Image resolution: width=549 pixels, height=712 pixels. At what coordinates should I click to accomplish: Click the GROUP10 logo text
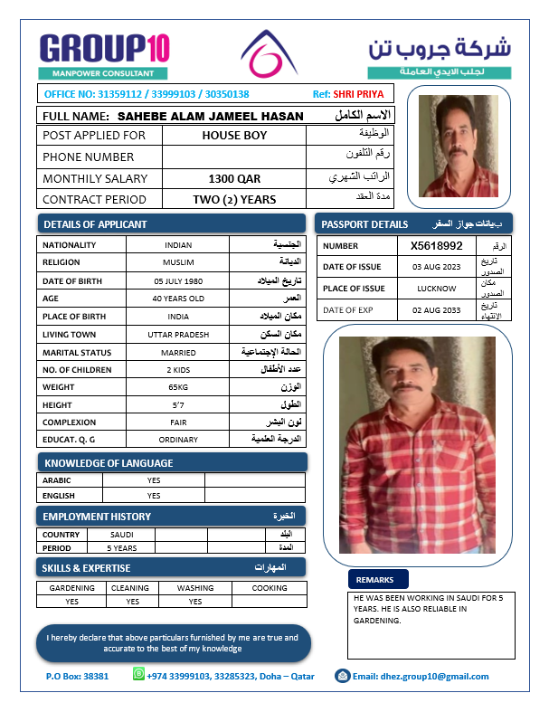[104, 48]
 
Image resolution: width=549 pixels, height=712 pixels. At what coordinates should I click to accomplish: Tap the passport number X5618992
[436, 245]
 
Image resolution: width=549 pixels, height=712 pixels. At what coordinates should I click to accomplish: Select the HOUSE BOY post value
[234, 136]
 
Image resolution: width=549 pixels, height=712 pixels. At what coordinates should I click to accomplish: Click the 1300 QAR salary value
[234, 178]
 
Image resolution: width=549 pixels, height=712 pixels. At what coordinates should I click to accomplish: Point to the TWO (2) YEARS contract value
[234, 199]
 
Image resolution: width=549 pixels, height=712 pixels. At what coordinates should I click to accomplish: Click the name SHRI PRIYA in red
[358, 94]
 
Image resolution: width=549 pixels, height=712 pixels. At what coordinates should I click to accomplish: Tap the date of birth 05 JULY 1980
[178, 280]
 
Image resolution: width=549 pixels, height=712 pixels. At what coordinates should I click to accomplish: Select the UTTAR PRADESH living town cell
[178, 334]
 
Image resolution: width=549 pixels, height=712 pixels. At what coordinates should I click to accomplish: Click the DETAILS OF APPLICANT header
[95, 224]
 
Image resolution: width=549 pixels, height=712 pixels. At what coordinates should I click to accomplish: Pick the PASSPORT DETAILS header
[364, 223]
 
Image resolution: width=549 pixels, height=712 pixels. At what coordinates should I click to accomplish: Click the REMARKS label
[374, 580]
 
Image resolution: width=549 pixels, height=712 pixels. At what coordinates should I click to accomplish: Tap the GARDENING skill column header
[71, 588]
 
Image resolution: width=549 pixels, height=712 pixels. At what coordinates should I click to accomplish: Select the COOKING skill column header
[269, 588]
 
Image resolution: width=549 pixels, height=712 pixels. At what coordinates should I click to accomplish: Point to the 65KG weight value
[178, 387]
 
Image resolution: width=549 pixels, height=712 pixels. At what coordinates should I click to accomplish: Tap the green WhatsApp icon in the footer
[139, 674]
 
